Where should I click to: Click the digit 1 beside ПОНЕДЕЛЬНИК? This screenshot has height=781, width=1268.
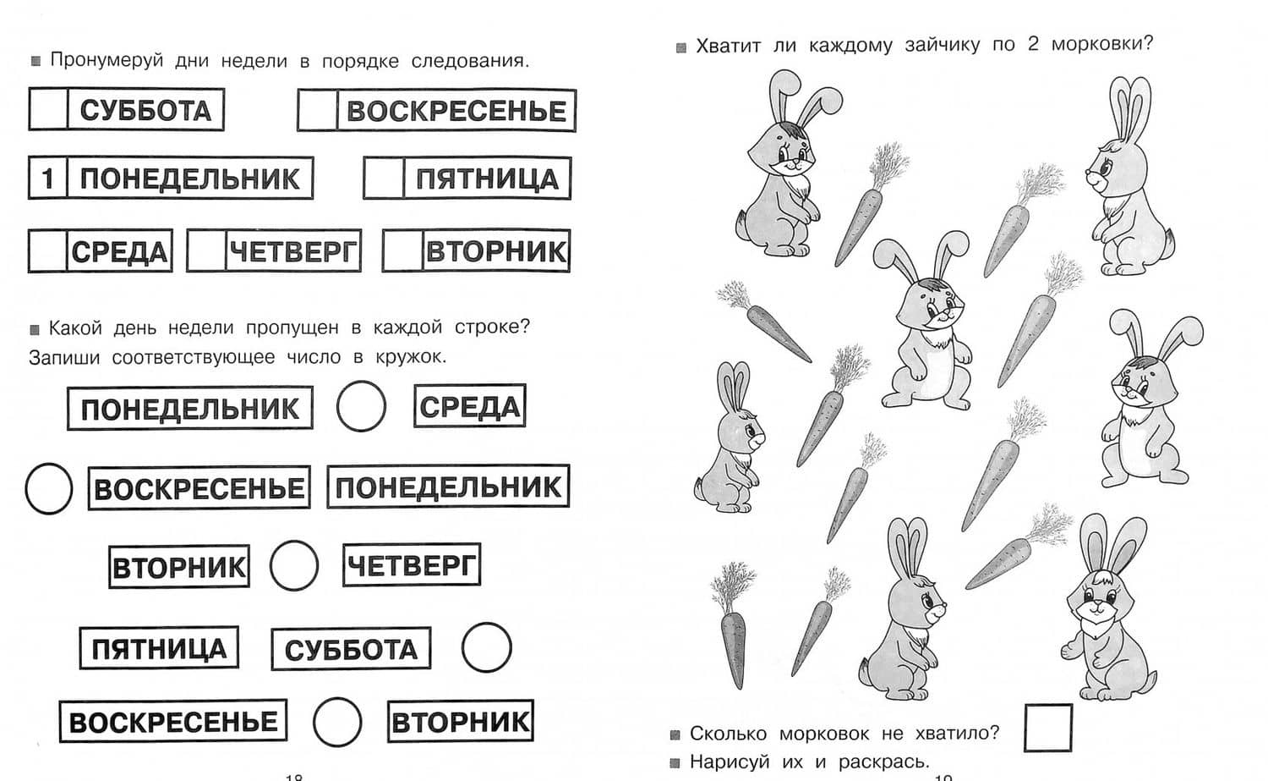pos(47,179)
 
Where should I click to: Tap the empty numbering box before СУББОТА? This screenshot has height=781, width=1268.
pos(49,109)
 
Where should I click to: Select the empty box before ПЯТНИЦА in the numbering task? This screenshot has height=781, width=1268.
pos(384,178)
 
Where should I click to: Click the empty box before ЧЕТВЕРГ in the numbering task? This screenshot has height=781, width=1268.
pos(206,250)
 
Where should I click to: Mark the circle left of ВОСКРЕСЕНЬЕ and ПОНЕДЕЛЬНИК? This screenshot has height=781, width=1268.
pos(26,488)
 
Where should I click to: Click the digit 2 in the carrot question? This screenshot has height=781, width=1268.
pos(1033,44)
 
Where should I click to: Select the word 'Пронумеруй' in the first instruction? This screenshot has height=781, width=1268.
pos(107,60)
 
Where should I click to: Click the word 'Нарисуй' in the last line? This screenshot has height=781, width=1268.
pos(730,762)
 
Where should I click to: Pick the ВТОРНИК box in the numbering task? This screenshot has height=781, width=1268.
pos(476,250)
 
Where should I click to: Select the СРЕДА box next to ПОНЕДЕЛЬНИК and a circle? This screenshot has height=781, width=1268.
pos(470,406)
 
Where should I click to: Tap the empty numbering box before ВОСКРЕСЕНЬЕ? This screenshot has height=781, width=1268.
pos(318,110)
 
